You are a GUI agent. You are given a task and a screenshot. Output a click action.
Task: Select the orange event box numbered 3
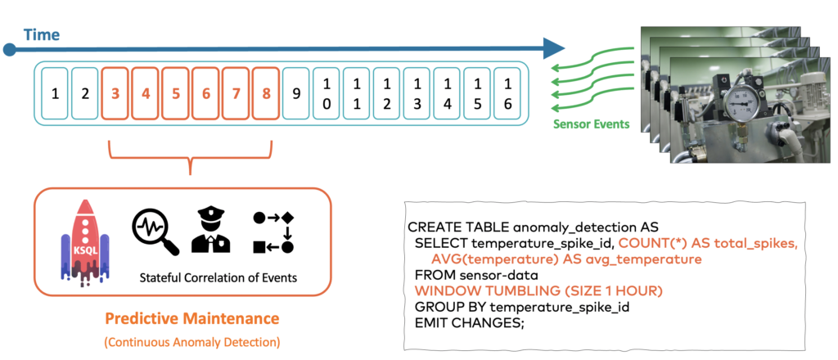tap(115, 93)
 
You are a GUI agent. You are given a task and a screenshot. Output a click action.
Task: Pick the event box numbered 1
tap(55, 93)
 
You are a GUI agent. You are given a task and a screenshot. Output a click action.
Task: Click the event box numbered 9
tap(296, 93)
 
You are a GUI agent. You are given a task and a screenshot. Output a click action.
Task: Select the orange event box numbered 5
tap(176, 93)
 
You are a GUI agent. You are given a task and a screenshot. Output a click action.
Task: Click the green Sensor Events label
tap(590, 124)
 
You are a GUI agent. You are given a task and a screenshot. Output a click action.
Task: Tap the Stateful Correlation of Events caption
tap(219, 277)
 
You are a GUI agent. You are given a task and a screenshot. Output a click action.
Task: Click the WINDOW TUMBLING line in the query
tap(538, 290)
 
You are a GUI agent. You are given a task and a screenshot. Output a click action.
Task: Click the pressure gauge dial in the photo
tap(742, 104)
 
